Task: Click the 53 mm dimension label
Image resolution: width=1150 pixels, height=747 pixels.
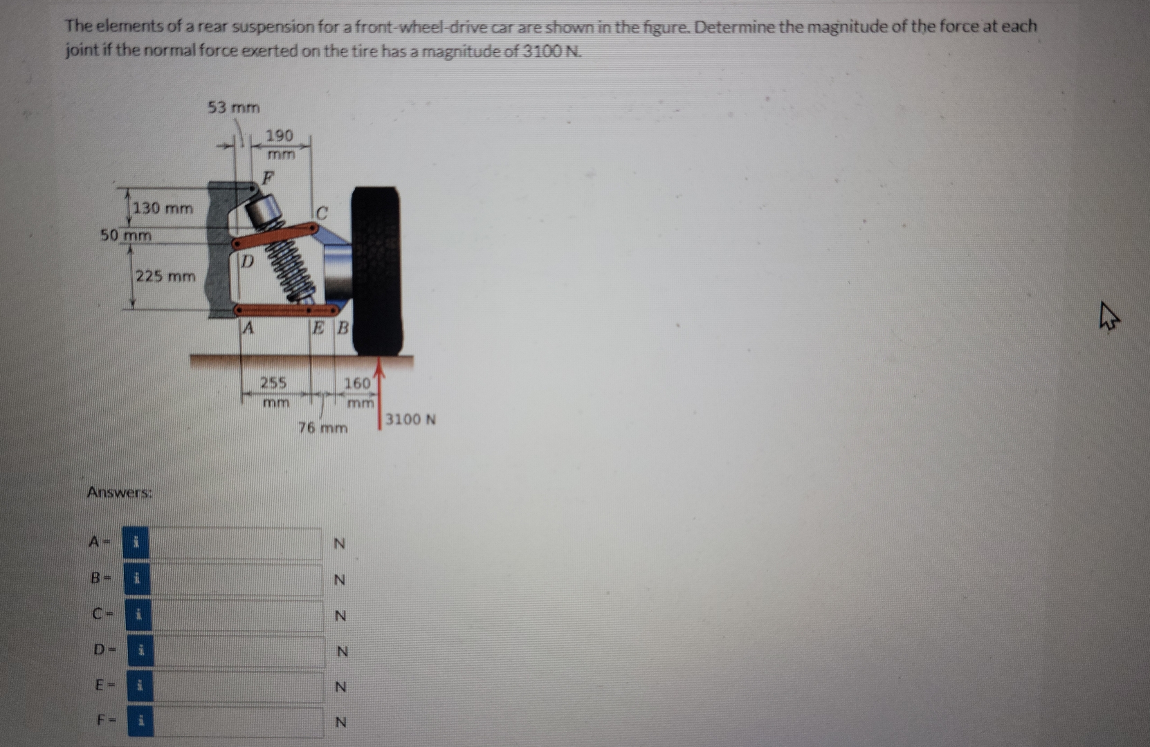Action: point(234,108)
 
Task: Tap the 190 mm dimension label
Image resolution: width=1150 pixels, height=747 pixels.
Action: point(280,143)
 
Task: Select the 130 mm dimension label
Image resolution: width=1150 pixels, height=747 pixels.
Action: point(163,208)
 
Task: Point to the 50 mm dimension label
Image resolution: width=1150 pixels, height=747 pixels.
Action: point(126,235)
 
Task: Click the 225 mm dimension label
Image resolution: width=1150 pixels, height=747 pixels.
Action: point(165,277)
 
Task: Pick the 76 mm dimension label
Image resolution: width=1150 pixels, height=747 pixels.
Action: point(322,428)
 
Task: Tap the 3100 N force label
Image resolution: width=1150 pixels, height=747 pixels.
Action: point(410,420)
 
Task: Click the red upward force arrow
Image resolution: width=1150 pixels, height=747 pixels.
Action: point(379,398)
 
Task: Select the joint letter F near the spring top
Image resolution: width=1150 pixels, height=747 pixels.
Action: point(268,178)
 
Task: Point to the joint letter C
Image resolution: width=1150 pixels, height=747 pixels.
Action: point(322,212)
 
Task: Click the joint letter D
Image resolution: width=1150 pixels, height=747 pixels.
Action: point(247,262)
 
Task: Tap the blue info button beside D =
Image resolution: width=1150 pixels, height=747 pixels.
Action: point(140,651)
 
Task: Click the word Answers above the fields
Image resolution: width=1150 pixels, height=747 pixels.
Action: point(119,493)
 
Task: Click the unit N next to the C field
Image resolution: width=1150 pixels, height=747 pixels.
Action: point(339,616)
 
